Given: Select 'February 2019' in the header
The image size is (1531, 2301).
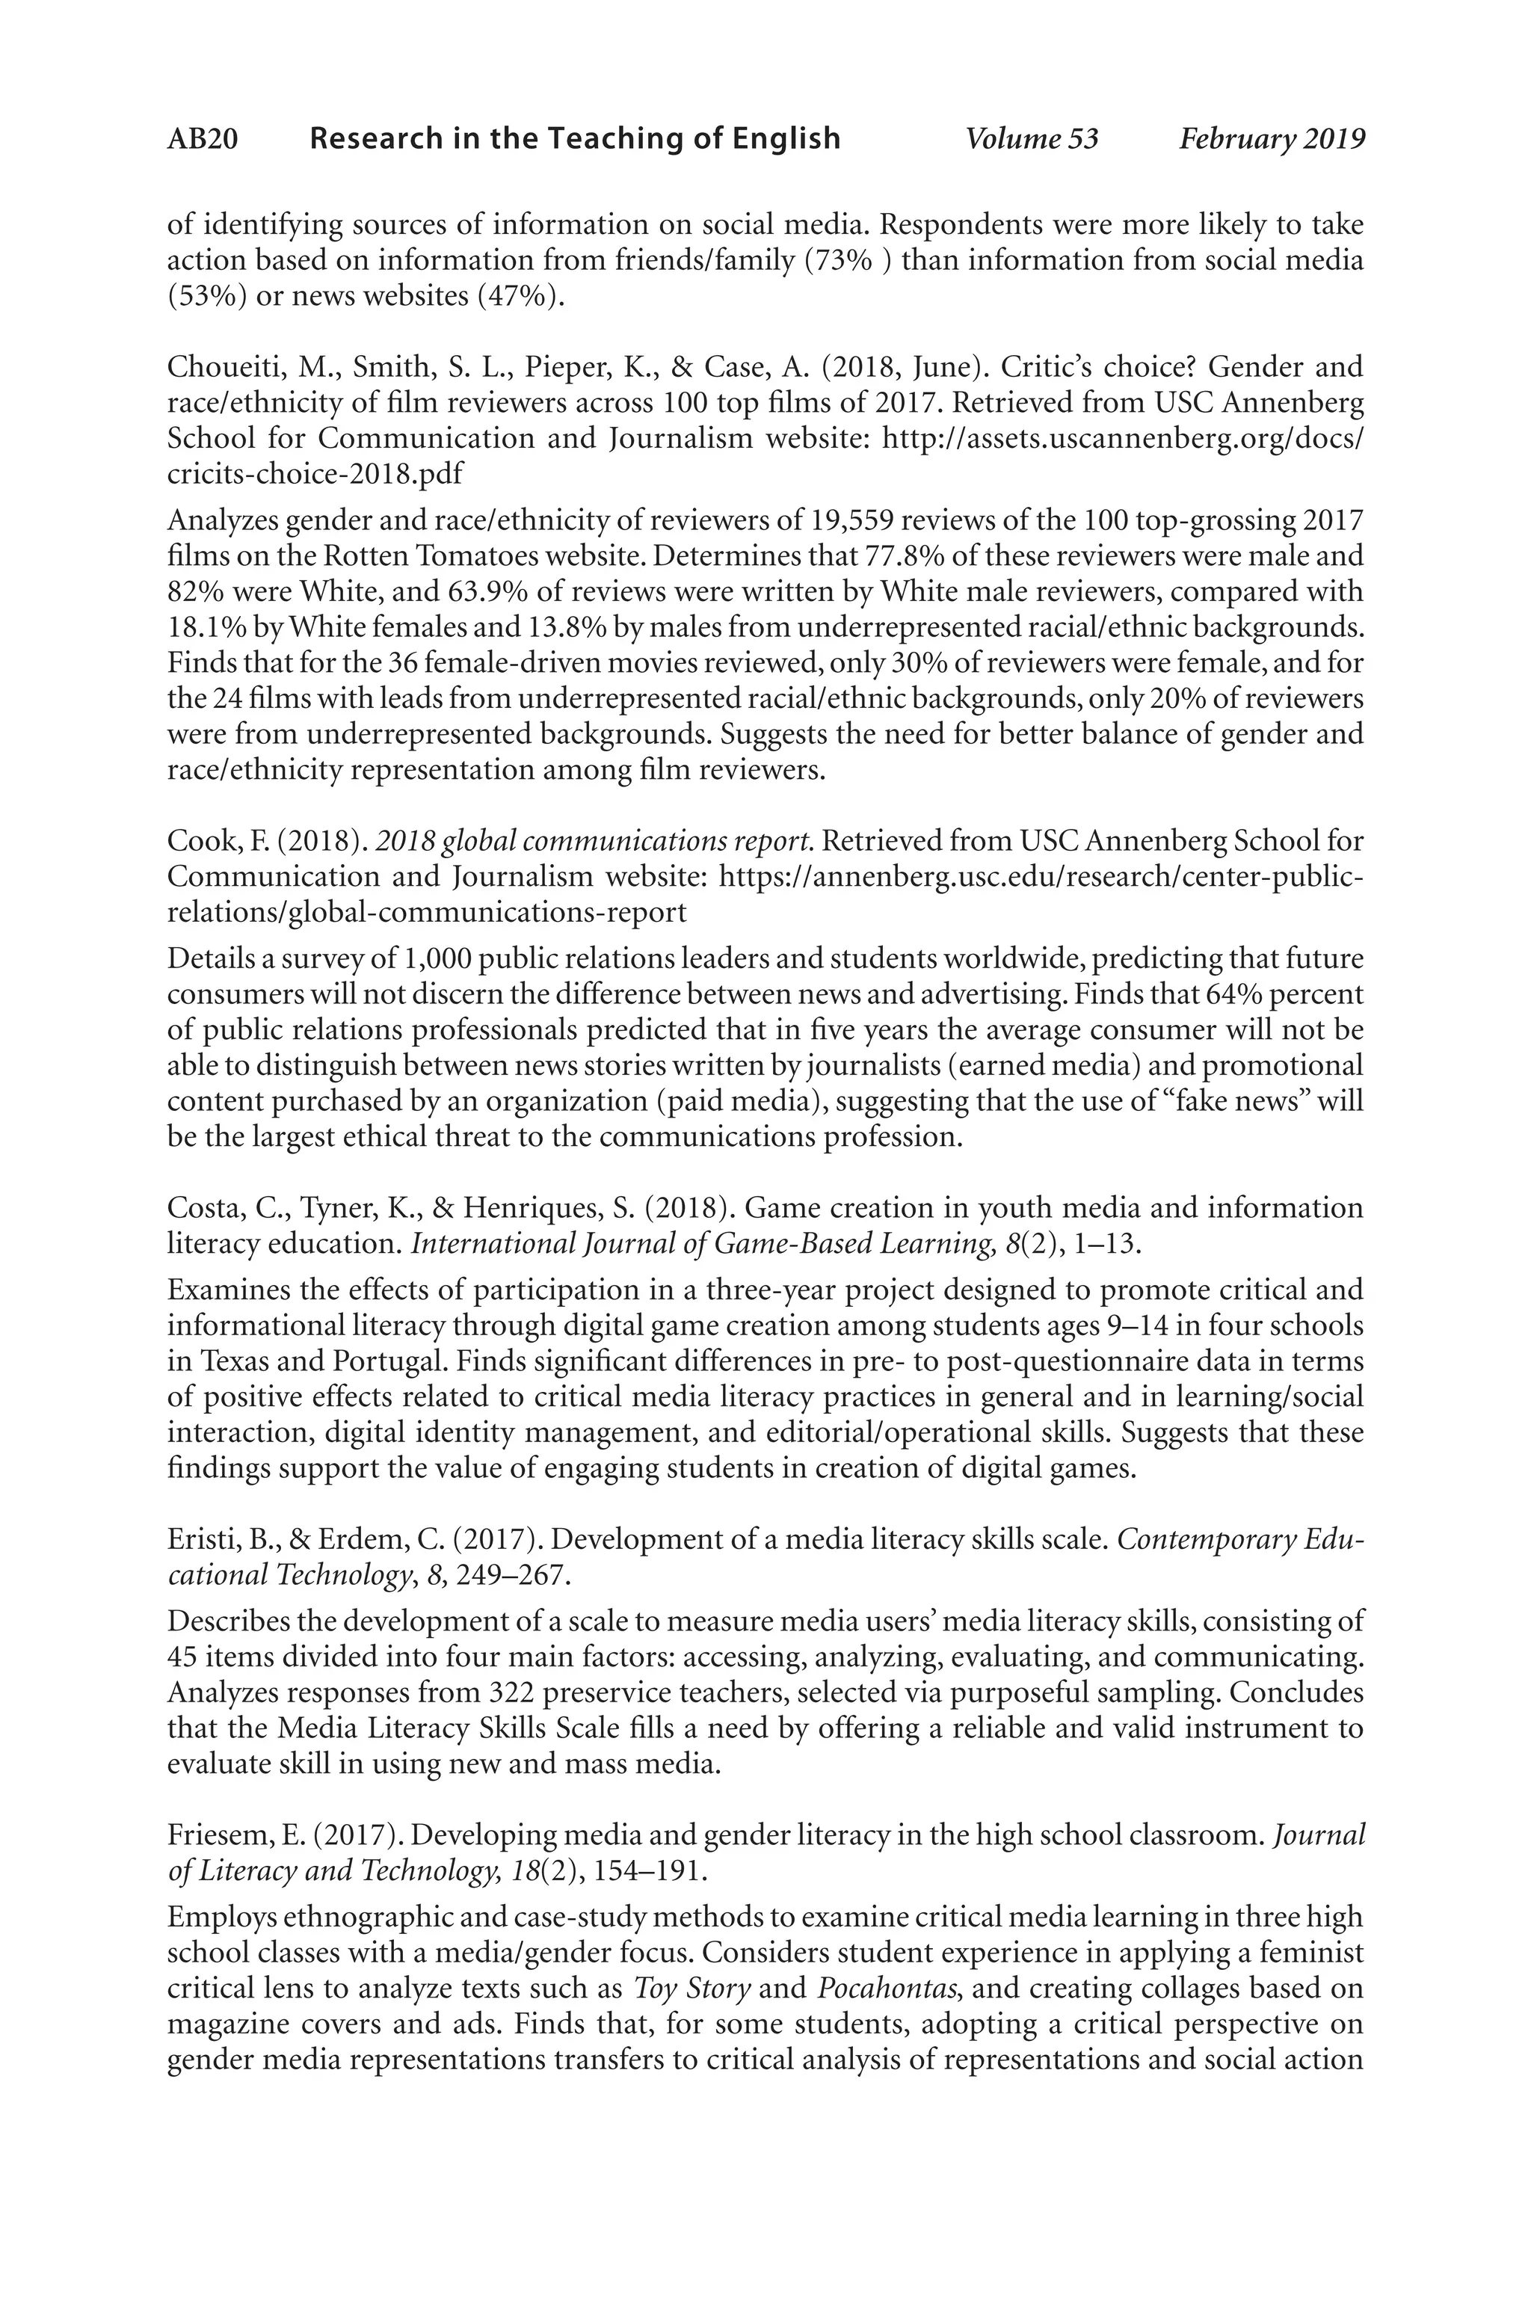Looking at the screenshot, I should (x=1272, y=140).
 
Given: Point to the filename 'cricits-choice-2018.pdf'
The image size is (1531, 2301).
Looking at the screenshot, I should (x=315, y=475).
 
